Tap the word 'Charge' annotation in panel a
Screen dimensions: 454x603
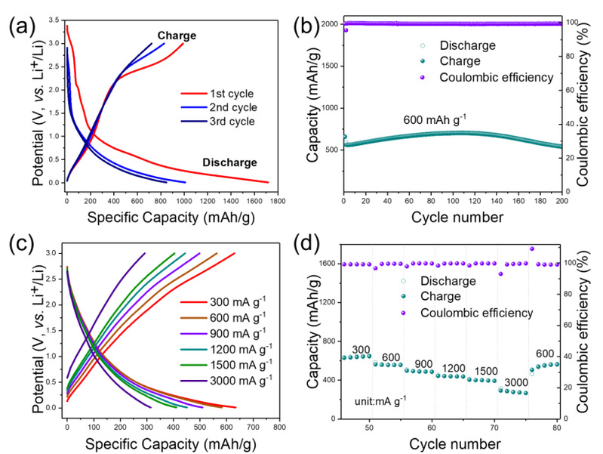click(x=176, y=35)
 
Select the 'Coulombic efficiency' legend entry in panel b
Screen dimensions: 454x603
click(x=489, y=77)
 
